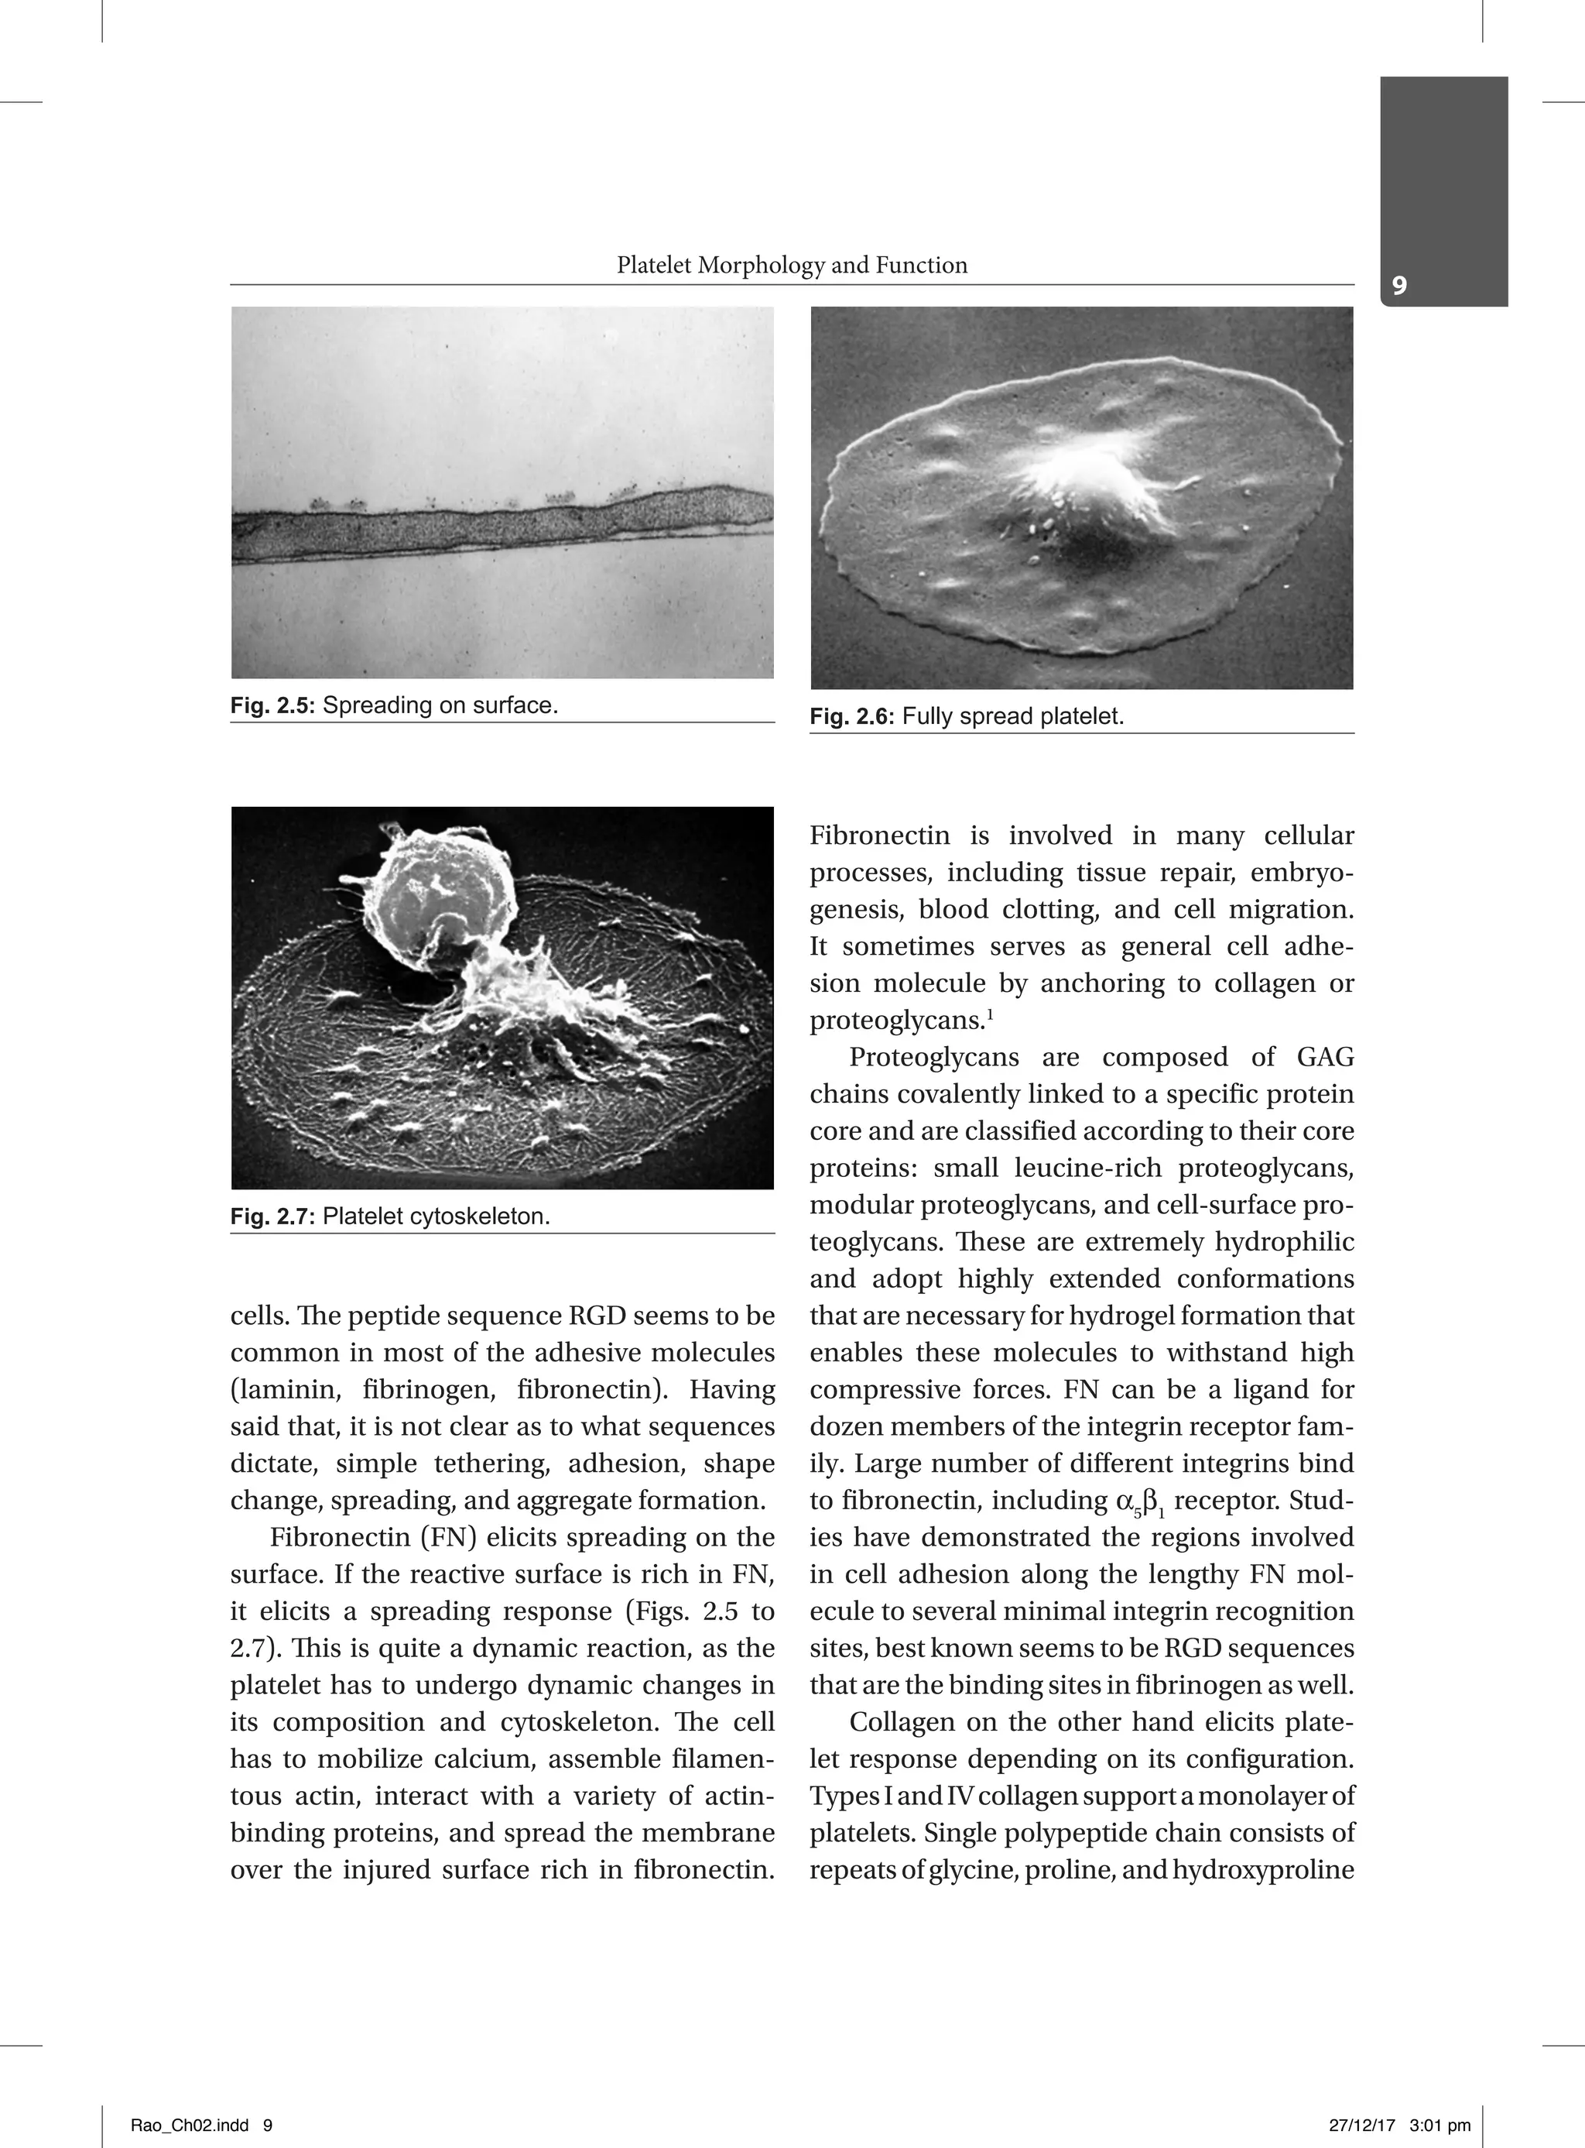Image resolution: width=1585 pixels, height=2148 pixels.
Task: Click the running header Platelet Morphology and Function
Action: pos(792,265)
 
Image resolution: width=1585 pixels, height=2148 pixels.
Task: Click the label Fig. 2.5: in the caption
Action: pos(272,705)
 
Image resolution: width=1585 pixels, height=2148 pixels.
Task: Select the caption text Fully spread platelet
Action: pos(1012,716)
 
